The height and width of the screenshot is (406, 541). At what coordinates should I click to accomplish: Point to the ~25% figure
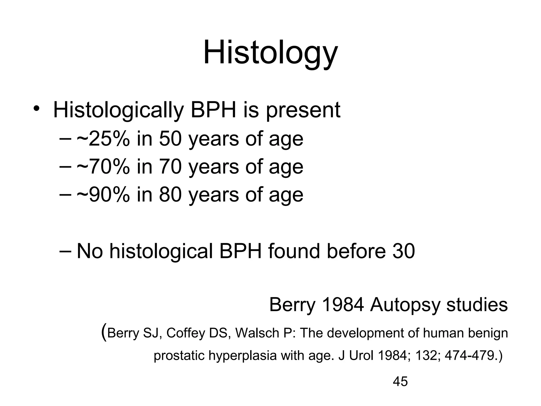(103, 139)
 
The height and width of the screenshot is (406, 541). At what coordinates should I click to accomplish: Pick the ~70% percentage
(103, 167)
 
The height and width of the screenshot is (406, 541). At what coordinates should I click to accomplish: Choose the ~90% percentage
(103, 195)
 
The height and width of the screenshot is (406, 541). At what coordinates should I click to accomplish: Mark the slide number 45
(400, 382)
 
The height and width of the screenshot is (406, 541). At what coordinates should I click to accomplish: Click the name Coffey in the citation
(186, 333)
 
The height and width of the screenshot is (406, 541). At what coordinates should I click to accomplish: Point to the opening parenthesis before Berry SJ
(104, 333)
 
